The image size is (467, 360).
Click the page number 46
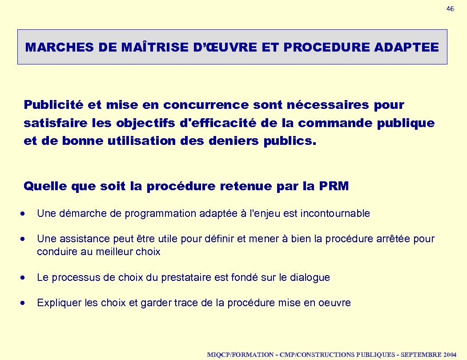click(450, 9)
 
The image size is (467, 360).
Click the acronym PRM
click(334, 186)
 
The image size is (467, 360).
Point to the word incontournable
click(335, 214)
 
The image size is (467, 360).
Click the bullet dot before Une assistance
click(22, 239)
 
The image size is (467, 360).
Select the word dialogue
click(310, 278)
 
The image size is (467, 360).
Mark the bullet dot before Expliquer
click(22, 303)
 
